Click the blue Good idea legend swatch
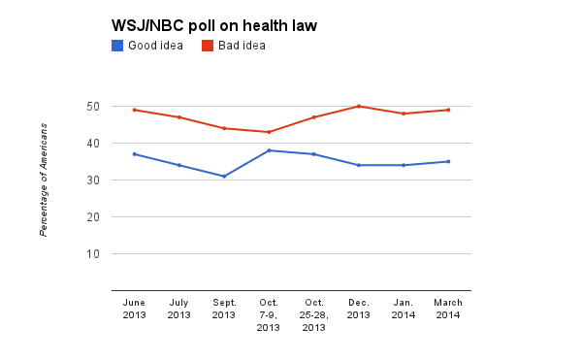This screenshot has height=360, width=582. [118, 45]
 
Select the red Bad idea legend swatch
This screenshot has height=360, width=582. [208, 45]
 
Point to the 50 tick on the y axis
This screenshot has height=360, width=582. [99, 106]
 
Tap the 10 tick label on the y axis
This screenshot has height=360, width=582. [99, 254]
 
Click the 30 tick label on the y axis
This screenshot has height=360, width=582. [99, 180]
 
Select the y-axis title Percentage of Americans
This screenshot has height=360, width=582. [44, 190]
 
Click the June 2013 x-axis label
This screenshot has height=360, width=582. [134, 309]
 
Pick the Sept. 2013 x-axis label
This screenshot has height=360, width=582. [223, 309]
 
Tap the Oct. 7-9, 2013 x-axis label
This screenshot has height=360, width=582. [269, 314]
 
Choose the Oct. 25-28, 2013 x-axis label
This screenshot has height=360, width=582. [313, 314]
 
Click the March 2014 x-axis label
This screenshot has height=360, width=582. [448, 309]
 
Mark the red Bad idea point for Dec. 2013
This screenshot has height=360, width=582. [359, 106]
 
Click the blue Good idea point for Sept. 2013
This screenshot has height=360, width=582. [224, 176]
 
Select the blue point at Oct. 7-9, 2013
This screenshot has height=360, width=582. [269, 150]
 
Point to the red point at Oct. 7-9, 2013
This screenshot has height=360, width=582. [269, 132]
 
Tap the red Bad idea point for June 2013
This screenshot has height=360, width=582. [134, 110]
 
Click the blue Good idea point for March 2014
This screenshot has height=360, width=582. [448, 161]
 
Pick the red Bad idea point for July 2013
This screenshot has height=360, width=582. [178, 117]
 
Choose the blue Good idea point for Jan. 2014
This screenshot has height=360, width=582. [404, 165]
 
